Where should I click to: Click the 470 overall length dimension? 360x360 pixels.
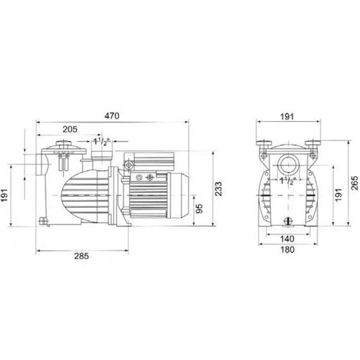(x=112, y=116)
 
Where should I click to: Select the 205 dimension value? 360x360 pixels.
(x=70, y=129)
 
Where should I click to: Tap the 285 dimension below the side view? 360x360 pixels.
(x=81, y=256)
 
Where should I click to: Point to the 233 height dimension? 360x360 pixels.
(x=219, y=189)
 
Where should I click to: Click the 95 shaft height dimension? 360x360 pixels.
(x=199, y=208)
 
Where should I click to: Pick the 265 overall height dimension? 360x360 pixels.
(x=355, y=183)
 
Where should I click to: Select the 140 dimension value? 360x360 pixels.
(x=287, y=239)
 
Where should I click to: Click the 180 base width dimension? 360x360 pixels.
(x=287, y=249)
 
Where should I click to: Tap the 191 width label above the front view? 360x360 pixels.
(x=287, y=117)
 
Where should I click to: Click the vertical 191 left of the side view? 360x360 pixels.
(x=4, y=195)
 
